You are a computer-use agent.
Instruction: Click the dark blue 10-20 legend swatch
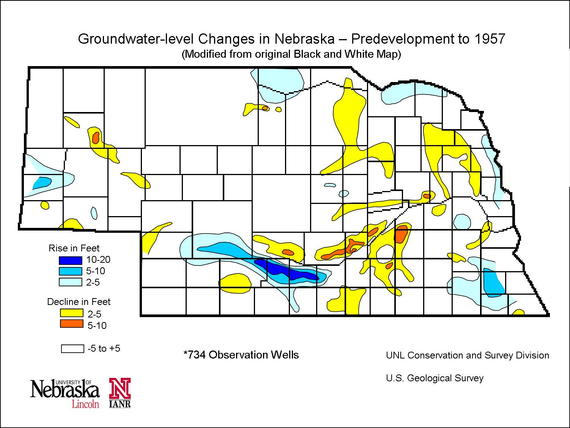click(71, 260)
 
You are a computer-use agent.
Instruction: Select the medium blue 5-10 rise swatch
click(71, 271)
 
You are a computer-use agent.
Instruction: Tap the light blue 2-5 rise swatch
click(71, 282)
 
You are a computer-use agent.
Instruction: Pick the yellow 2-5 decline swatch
click(72, 313)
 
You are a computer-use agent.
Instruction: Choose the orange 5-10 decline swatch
click(72, 324)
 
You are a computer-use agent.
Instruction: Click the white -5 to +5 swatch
click(72, 348)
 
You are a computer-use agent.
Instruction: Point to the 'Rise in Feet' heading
click(74, 248)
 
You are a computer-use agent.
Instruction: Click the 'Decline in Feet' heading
click(79, 302)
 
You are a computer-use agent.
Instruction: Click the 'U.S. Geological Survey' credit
click(435, 378)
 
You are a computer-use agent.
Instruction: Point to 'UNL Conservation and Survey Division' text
click(468, 355)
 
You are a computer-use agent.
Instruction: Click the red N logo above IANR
click(120, 389)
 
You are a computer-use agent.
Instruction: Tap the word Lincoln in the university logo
click(86, 403)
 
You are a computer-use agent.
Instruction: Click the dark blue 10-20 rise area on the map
click(288, 272)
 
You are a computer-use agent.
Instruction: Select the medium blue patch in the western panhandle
click(41, 183)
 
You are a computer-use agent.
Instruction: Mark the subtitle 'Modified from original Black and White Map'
click(291, 54)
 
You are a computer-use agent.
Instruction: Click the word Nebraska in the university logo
click(65, 390)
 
